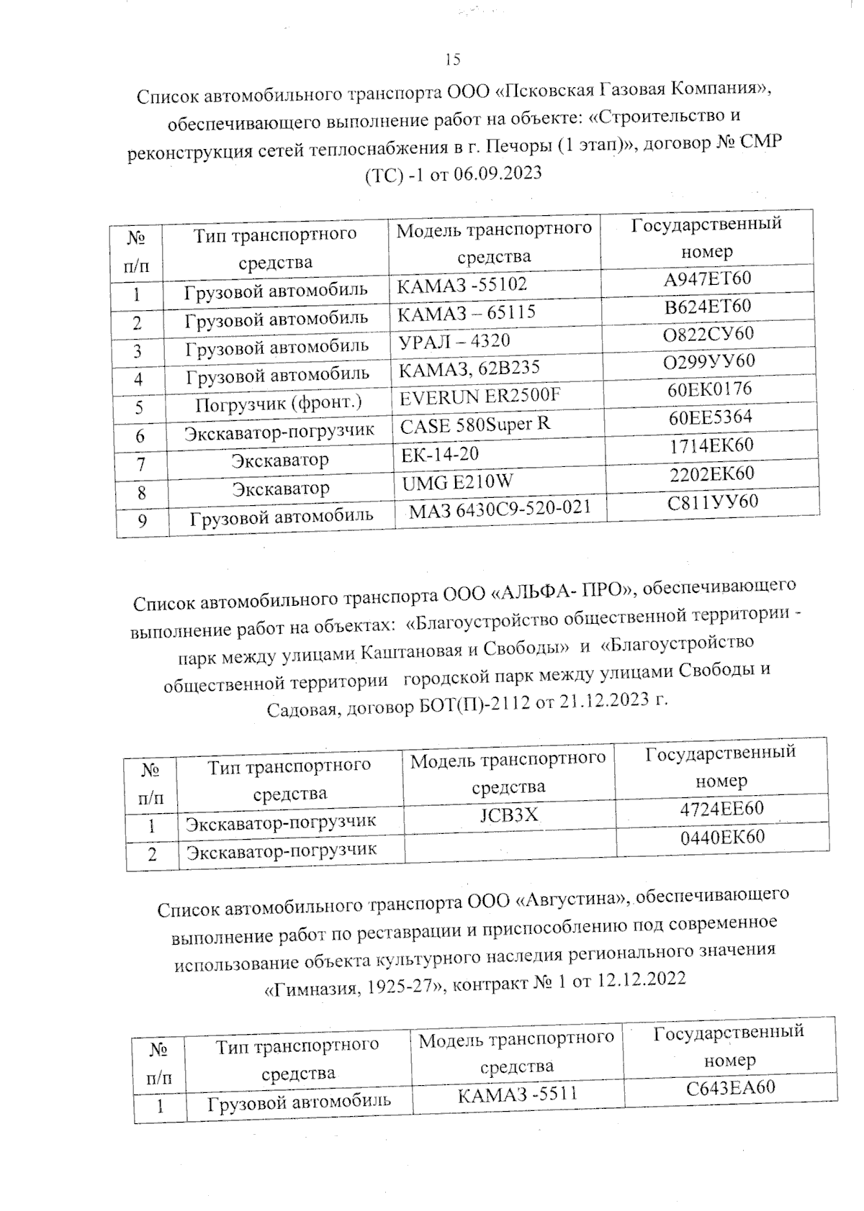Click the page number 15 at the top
(x=453, y=60)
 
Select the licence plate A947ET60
(x=707, y=278)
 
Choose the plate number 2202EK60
(x=711, y=473)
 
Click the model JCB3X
(x=508, y=815)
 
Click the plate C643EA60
(x=730, y=1087)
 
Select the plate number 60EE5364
(x=710, y=417)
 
